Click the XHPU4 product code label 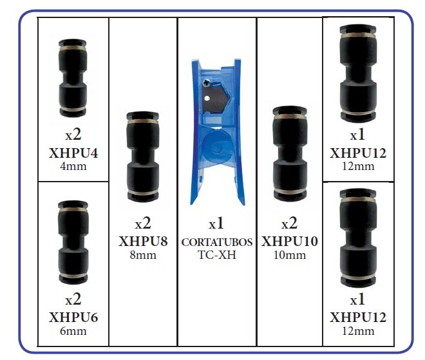(x=73, y=153)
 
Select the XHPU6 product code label (x=73, y=317)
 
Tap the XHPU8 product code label (x=143, y=242)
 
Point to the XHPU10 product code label (x=290, y=242)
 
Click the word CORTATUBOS (x=217, y=242)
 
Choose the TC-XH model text (x=217, y=255)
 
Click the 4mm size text (x=73, y=166)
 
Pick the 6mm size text (x=73, y=331)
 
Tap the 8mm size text (x=143, y=255)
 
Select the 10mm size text (x=290, y=255)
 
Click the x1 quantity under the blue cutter (x=216, y=223)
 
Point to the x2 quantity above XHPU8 (x=143, y=223)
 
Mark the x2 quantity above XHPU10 (x=290, y=223)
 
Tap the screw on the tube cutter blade (x=206, y=82)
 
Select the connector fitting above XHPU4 (x=73, y=78)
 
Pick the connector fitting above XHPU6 (x=73, y=242)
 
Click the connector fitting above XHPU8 (x=143, y=156)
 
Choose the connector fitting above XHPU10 (x=290, y=153)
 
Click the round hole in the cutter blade (x=207, y=98)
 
